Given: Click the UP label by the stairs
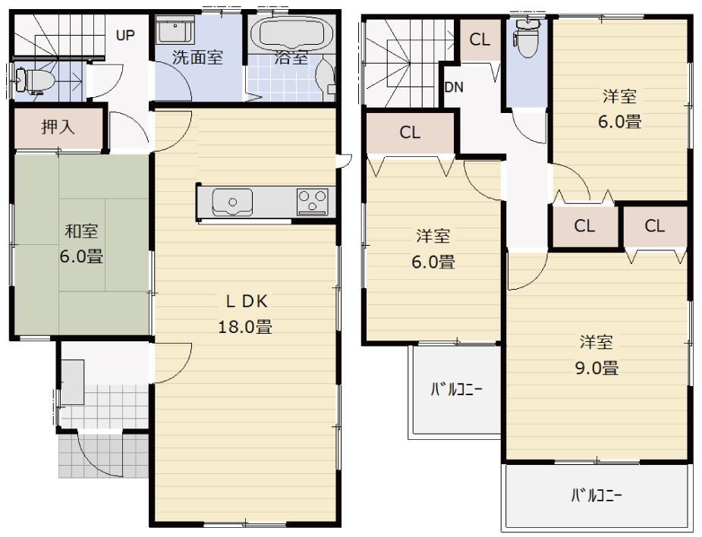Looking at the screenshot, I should click(125, 35).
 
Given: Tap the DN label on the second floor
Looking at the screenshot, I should click(454, 87).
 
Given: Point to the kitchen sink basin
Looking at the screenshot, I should click(232, 202).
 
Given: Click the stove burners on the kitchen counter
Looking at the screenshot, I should click(312, 201).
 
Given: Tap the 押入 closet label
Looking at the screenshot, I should click(58, 127).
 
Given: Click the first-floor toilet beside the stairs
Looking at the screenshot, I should click(26, 77).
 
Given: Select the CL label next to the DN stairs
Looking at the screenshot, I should click(480, 41).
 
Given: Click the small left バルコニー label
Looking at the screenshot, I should click(456, 391).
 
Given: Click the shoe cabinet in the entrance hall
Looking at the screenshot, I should click(73, 382).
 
